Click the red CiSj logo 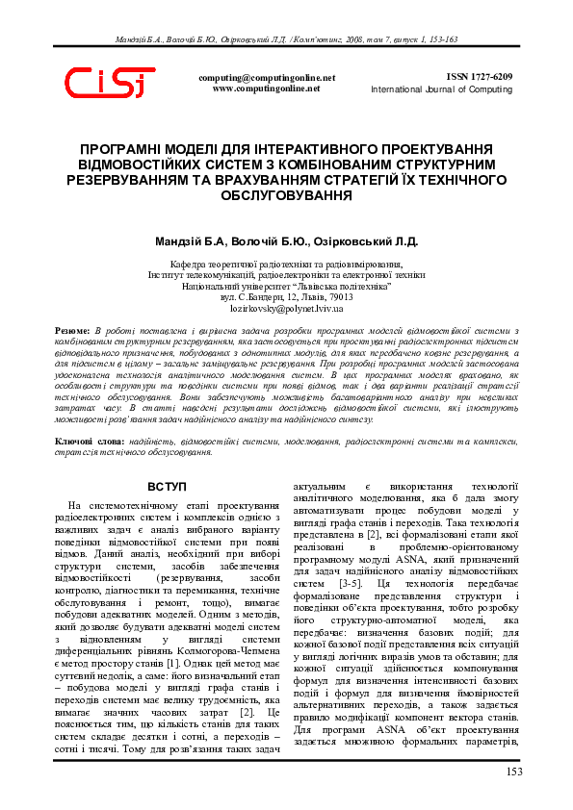[109, 85]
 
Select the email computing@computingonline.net [267, 77]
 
